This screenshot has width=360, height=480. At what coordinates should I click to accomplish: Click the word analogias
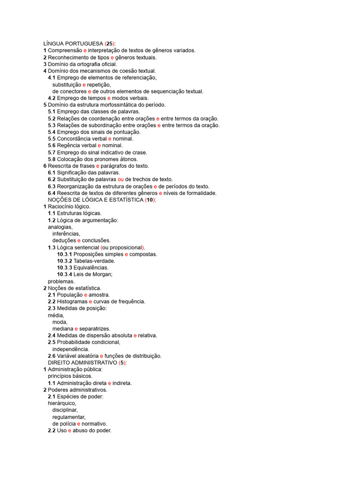point(60,227)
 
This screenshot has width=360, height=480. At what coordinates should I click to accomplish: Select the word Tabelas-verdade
point(93,261)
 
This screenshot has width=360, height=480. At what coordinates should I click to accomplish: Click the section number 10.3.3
point(65,268)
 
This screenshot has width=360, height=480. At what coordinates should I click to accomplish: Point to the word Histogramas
point(72,301)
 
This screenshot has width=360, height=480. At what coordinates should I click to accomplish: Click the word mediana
point(63,329)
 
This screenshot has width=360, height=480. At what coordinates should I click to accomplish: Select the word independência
point(71,349)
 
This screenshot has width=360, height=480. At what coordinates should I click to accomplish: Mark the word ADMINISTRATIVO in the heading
point(94,363)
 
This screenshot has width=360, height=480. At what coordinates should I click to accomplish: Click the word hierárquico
point(61,403)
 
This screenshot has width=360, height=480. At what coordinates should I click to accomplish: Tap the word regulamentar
point(69,417)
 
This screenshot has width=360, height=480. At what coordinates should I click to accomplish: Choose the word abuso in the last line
point(81,430)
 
